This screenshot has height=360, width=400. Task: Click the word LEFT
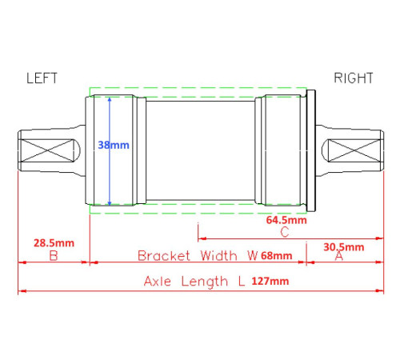42,78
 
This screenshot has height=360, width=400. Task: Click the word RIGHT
354,78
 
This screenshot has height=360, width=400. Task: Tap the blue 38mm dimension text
114,145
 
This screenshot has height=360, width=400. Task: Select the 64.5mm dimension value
286,220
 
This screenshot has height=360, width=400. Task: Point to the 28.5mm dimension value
54,243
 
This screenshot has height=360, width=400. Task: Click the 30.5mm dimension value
344,247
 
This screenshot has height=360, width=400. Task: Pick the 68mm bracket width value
276,256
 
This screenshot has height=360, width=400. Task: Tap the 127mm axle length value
270,281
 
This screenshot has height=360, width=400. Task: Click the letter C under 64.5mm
285,232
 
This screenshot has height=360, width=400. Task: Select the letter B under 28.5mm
54,256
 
